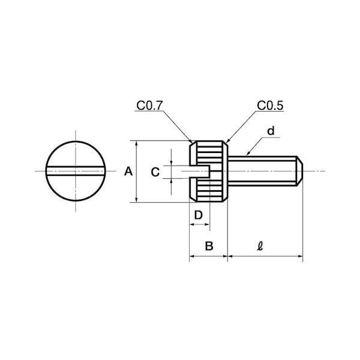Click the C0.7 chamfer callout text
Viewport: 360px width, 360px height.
tap(149, 106)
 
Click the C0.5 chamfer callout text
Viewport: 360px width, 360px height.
tap(270, 106)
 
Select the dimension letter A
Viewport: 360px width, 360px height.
tap(128, 171)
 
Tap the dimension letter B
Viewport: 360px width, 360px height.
tap(209, 246)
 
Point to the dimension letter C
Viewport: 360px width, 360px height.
tap(155, 172)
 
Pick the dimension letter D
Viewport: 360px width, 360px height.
tap(199, 215)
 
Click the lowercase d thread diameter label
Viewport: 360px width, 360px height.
tap(271, 131)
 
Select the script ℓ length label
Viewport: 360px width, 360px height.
tap(260, 246)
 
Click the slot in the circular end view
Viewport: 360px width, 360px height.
tap(76, 171)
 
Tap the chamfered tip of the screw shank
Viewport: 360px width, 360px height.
tap(299, 171)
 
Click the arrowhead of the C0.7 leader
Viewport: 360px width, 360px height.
tap(191, 140)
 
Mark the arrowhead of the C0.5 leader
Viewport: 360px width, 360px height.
tap(226, 141)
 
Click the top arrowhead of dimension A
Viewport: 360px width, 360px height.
tap(137, 143)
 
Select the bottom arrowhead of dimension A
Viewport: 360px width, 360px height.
tap(137, 200)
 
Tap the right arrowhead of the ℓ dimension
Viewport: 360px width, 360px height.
tap(300, 256)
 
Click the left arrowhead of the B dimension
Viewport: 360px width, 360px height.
tap(192, 256)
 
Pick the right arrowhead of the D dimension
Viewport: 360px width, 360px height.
tap(207, 224)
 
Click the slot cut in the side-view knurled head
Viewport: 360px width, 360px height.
tap(200, 171)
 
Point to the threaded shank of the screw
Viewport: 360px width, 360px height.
tap(262, 171)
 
